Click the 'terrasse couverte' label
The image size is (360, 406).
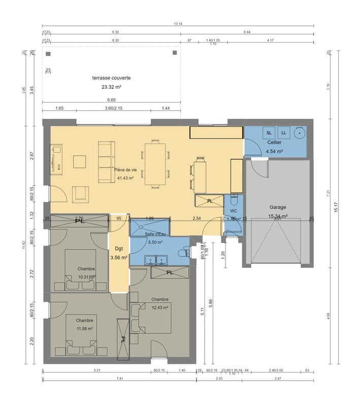[x=111, y=78]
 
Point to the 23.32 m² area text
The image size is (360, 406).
[x=111, y=87]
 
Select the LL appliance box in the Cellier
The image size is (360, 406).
[x=284, y=133]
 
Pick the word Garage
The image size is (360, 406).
[x=278, y=207]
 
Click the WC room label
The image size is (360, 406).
[x=234, y=210]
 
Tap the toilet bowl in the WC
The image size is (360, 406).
[x=234, y=198]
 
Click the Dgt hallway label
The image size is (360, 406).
[x=119, y=249]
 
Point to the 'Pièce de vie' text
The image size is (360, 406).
[x=125, y=170]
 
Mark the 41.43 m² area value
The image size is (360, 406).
[x=125, y=178]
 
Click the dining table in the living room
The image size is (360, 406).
[x=155, y=163]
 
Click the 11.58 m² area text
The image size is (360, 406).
[x=84, y=328]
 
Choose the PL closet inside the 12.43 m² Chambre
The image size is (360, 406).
[x=170, y=273]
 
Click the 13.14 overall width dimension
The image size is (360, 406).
[x=178, y=23]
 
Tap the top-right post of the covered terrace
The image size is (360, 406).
[x=175, y=52]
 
